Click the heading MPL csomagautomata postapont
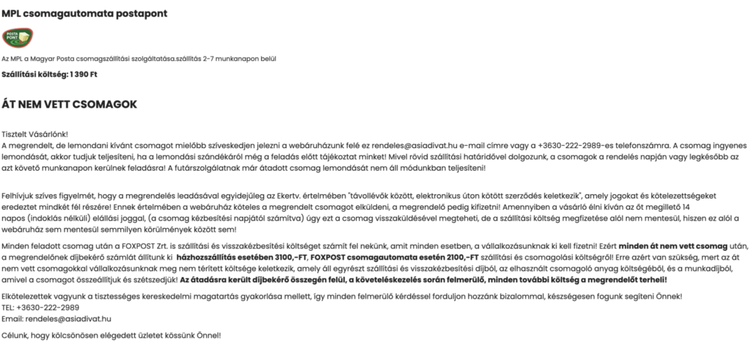[84, 12]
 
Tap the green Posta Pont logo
[17, 37]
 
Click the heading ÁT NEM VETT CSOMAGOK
[70, 105]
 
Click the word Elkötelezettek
[27, 296]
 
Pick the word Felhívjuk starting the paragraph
[18, 197]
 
